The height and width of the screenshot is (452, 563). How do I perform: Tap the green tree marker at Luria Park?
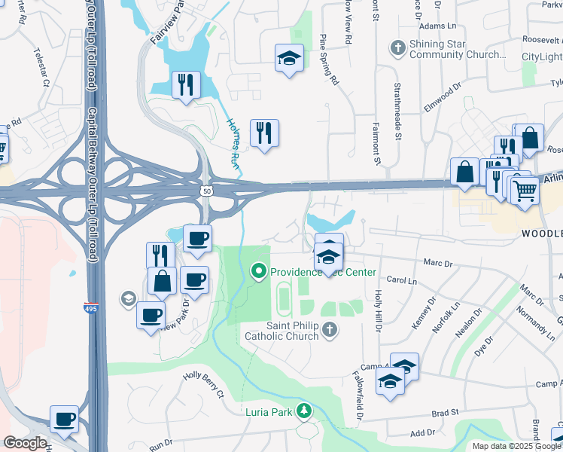(303, 411)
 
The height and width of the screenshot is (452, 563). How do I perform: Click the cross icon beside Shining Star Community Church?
(397, 49)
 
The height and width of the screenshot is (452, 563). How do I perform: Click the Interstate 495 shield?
(89, 307)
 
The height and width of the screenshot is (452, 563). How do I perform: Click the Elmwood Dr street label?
(441, 99)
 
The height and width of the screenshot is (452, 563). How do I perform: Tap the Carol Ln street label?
(401, 280)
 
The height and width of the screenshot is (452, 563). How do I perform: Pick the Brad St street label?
(445, 414)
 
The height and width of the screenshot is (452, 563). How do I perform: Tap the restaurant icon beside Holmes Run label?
(264, 133)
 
